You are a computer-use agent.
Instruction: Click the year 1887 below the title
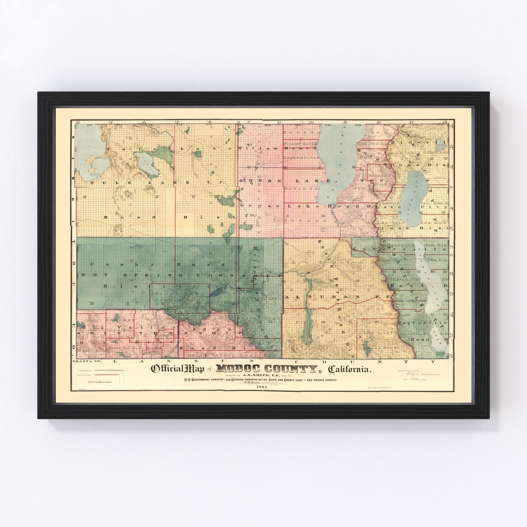coord(262,387)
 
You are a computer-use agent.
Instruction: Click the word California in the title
coord(349,369)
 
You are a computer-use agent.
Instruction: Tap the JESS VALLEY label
coord(376,332)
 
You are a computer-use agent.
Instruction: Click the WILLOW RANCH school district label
coord(300,144)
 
